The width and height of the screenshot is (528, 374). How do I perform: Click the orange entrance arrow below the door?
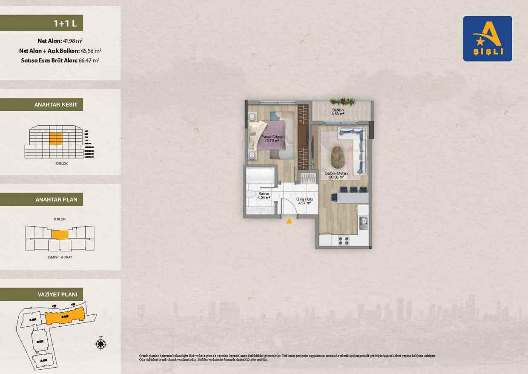point(289,221)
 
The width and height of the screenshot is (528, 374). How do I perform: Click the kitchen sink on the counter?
point(363,222)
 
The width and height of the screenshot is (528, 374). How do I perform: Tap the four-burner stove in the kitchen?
point(344,240)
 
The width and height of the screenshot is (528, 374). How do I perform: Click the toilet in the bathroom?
point(251,196)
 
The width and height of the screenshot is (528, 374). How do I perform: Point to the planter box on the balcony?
point(343,101)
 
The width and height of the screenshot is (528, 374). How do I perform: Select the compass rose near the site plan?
point(101,344)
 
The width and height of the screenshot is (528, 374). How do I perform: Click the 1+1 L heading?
point(65,23)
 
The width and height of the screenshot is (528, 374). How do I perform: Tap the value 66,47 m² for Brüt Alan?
point(89,60)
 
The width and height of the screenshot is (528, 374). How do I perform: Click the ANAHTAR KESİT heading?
point(55,104)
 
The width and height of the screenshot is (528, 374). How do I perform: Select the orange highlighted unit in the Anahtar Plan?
point(60,235)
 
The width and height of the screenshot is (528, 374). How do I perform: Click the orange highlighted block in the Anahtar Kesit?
point(55,138)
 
